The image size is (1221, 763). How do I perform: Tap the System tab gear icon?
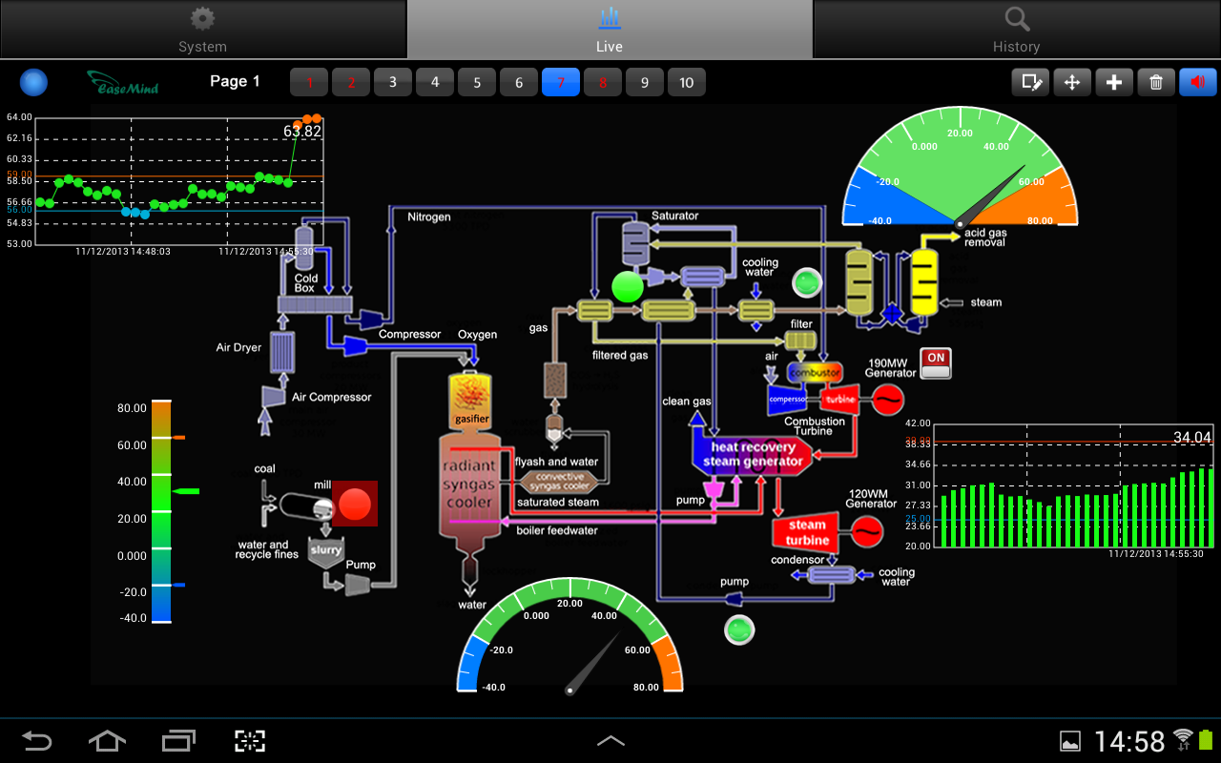tap(202, 19)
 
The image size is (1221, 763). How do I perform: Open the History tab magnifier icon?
tap(1017, 19)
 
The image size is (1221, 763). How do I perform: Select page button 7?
tap(561, 82)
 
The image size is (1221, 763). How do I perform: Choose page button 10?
tap(687, 82)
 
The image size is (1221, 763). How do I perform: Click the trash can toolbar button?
tap(1156, 82)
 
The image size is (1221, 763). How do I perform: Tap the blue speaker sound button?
tap(1198, 82)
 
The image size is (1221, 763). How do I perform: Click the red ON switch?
tap(936, 362)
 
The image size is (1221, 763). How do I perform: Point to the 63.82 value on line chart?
tap(302, 132)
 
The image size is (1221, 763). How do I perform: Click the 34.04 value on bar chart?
tap(1192, 438)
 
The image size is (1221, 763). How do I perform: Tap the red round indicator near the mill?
tap(355, 504)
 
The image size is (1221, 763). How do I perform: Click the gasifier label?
tap(472, 419)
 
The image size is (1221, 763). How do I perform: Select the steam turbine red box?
tap(807, 532)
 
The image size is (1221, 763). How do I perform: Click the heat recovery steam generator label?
tap(754, 454)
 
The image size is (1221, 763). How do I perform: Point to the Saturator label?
tap(675, 217)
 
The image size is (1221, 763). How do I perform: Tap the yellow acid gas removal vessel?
tap(924, 281)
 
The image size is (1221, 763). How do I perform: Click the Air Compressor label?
tap(332, 397)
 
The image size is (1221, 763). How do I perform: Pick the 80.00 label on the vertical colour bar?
tap(132, 408)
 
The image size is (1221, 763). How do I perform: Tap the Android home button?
tap(107, 740)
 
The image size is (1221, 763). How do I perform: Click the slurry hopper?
tap(325, 553)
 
